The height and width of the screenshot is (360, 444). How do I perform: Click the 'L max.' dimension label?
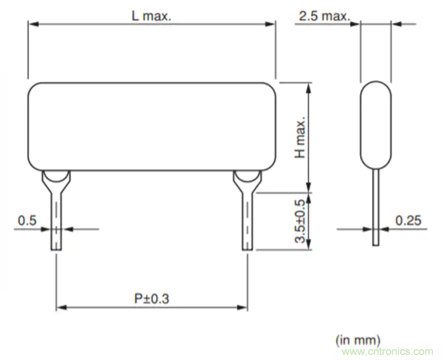pos(152,16)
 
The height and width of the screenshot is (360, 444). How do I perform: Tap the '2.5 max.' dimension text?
pos(325,16)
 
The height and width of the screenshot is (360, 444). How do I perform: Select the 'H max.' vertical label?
pos(300,137)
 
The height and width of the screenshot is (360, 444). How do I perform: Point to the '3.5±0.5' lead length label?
pos(300,221)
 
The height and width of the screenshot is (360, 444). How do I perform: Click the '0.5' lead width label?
pos(27,221)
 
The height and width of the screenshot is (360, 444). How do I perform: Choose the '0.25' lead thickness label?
pos(408,221)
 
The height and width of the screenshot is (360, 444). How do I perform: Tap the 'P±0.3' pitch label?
pos(152,298)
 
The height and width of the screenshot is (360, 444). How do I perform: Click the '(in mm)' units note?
pos(358,339)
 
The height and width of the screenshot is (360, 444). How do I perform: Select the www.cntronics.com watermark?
pos(387,351)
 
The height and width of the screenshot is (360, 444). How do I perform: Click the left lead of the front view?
pos(57,222)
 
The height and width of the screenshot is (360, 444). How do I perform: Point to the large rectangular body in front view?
pos(152,126)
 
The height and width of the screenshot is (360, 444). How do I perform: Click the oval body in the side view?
pos(376,125)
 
